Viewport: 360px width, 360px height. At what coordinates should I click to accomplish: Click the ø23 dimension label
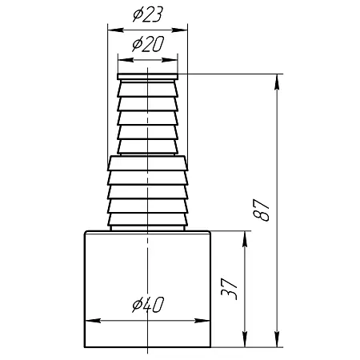pyautogui.click(x=147, y=14)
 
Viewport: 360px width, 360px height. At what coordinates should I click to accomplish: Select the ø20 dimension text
pyautogui.click(x=148, y=44)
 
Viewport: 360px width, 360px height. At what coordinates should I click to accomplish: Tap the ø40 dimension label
pyautogui.click(x=148, y=305)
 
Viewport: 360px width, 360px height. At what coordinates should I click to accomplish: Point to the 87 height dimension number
pyautogui.click(x=262, y=210)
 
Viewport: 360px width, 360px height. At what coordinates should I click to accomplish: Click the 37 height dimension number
pyautogui.click(x=229, y=289)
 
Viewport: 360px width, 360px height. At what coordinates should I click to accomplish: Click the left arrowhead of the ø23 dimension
pyautogui.click(x=115, y=30)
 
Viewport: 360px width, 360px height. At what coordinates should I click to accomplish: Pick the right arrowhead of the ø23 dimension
pyautogui.click(x=179, y=30)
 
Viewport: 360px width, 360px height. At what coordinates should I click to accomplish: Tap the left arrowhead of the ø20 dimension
pyautogui.click(x=126, y=60)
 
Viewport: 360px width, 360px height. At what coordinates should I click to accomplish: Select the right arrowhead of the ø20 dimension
pyautogui.click(x=170, y=60)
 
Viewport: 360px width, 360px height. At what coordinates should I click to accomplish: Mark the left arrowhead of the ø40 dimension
pyautogui.click(x=93, y=320)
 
